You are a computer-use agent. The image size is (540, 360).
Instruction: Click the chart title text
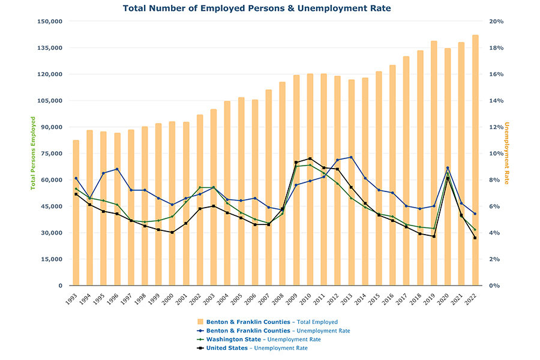point(256,8)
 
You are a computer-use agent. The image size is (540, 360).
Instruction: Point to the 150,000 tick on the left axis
point(50,22)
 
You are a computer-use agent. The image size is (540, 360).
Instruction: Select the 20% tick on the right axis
point(496,22)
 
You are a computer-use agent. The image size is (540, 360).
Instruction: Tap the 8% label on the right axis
point(494,180)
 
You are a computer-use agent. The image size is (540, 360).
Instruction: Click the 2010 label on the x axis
point(308,297)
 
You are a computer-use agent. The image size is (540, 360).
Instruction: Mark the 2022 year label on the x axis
point(473,297)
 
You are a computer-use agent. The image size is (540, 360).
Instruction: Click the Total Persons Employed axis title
point(34,154)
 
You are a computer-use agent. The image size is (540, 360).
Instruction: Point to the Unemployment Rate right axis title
point(506,154)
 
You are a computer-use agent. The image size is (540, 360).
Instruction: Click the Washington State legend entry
point(260,340)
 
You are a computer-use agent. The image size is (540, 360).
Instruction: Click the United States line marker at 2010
point(310,158)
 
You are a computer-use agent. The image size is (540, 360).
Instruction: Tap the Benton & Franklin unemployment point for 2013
point(351,157)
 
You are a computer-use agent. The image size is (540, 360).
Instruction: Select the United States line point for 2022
point(475,238)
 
